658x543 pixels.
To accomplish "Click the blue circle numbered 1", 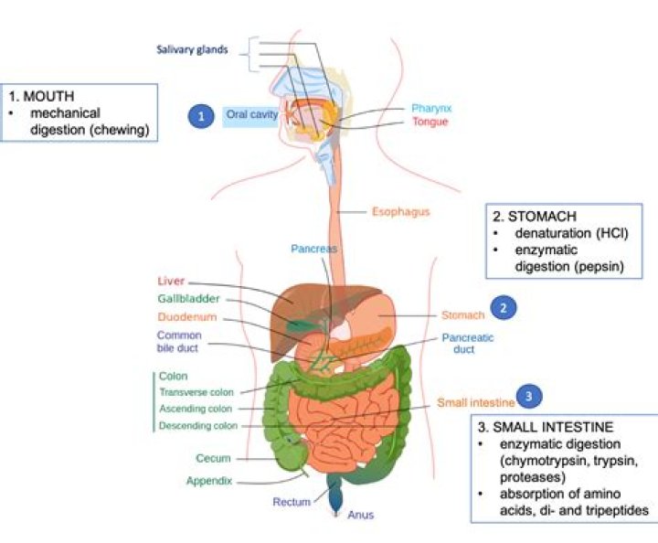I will (x=198, y=116).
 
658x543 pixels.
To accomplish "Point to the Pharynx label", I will (x=431, y=108).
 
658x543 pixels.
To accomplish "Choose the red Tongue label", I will (x=430, y=122).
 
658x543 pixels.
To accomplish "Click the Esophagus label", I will (x=400, y=212).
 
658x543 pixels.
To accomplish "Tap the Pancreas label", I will (x=313, y=249).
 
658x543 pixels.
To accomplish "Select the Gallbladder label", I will (x=188, y=298).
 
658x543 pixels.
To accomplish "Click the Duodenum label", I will (x=186, y=316).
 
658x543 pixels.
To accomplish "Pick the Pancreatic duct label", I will (x=468, y=343).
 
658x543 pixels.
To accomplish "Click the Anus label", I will (x=360, y=515).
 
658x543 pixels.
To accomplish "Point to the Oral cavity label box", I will (x=250, y=116).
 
